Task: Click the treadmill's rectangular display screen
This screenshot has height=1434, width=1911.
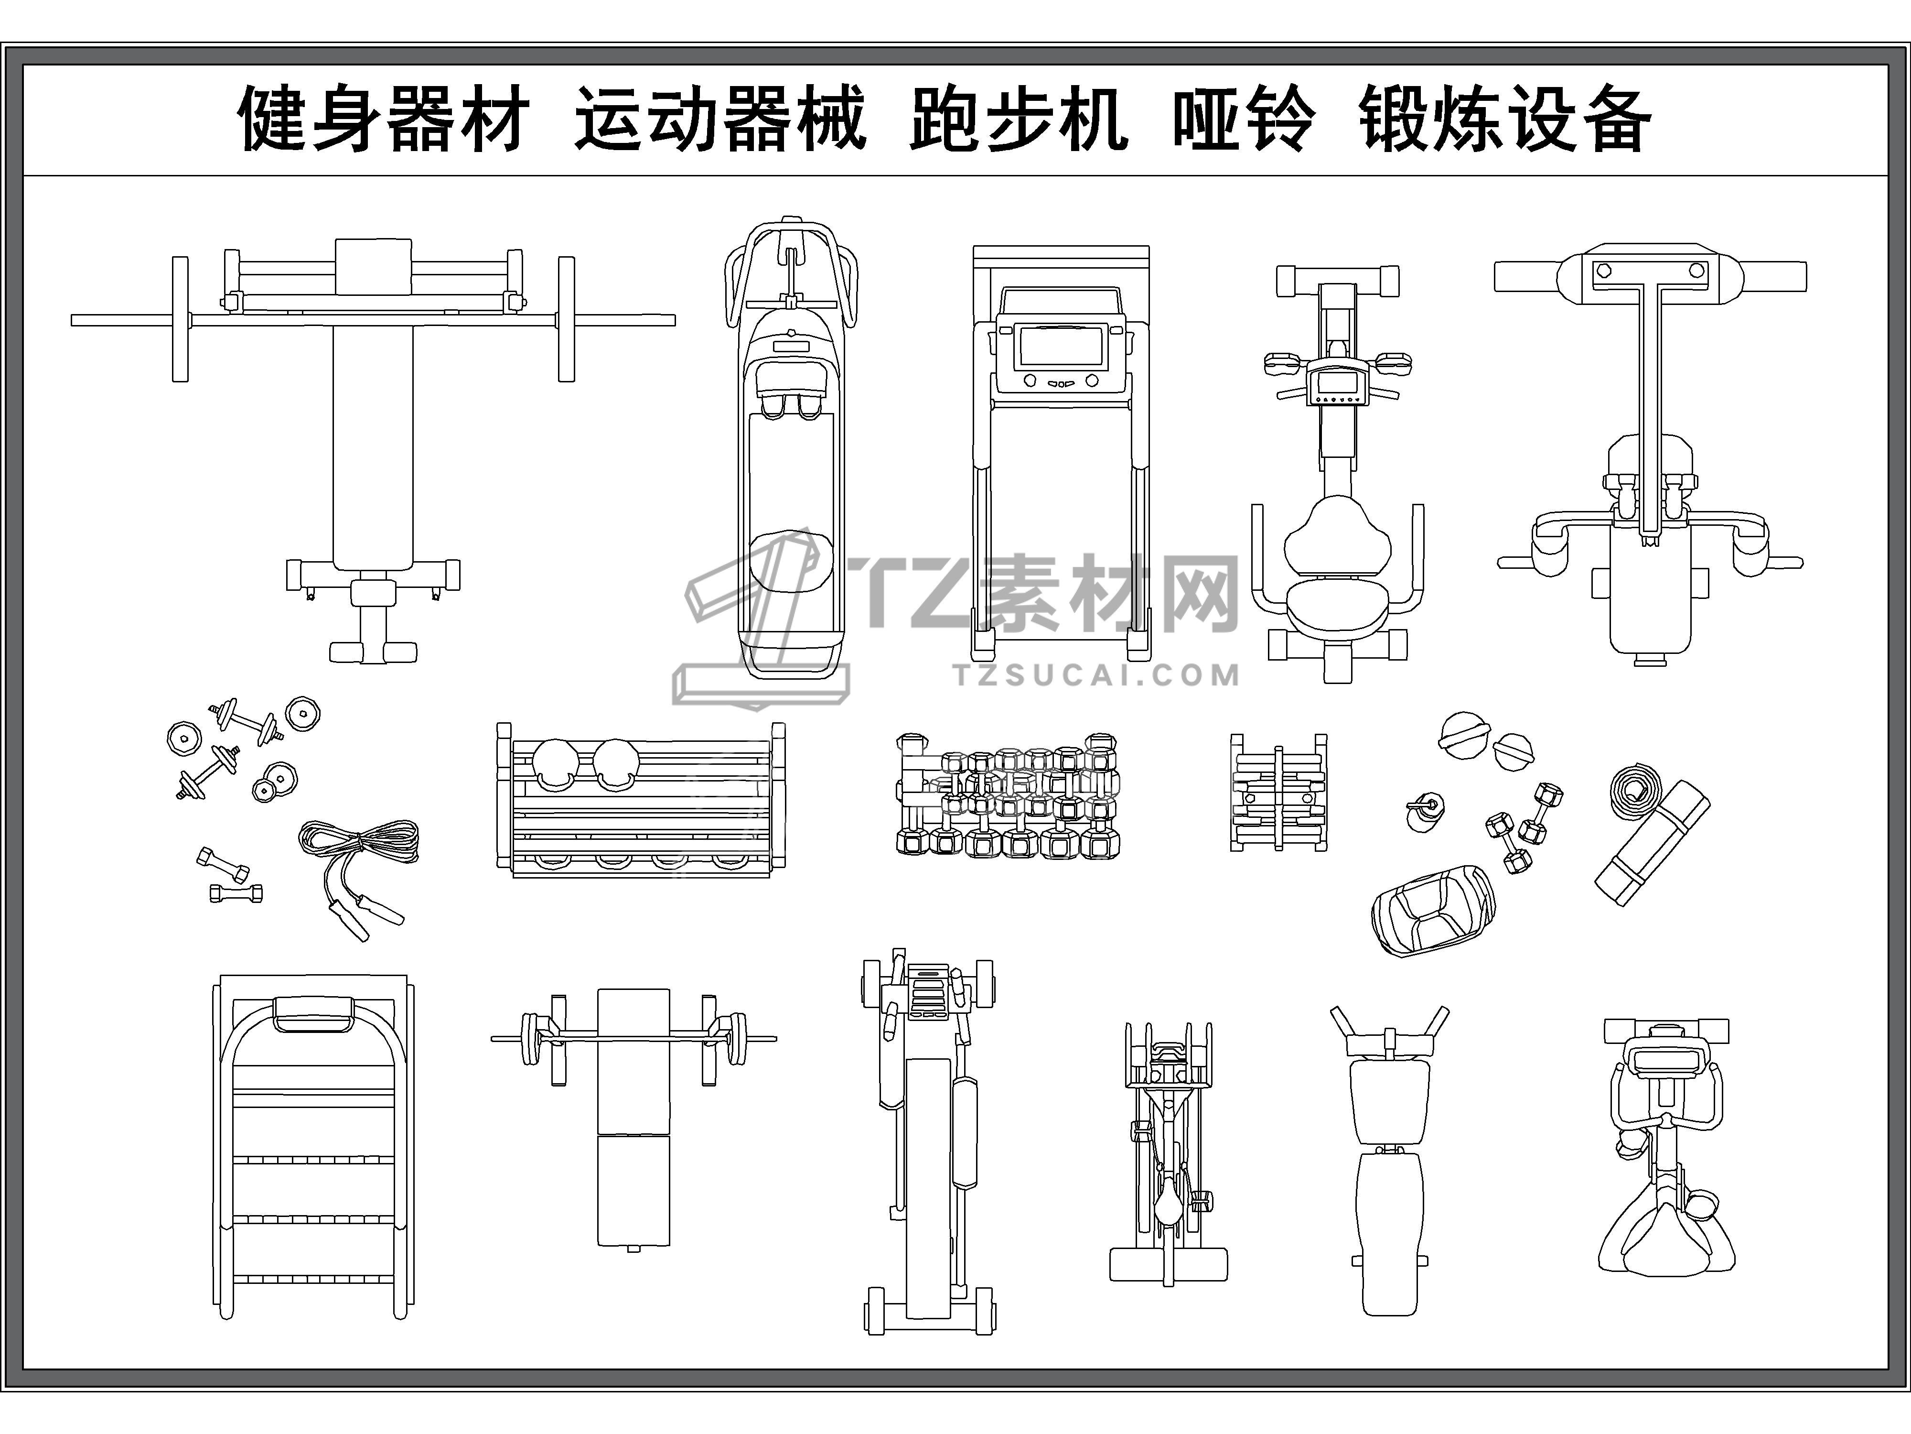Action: click(x=1061, y=346)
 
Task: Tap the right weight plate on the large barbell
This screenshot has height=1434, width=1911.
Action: click(x=566, y=319)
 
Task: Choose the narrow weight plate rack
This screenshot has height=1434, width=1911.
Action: click(x=1278, y=793)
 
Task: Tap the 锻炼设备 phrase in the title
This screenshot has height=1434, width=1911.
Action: click(x=1505, y=119)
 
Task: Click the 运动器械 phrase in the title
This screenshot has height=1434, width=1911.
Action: click(x=719, y=119)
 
